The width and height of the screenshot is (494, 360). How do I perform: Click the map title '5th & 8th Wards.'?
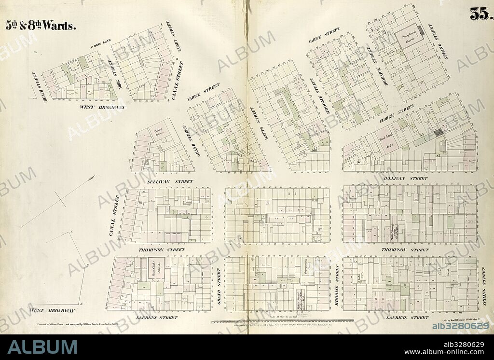tap(41, 26)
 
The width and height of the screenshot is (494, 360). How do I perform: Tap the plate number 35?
tap(480, 15)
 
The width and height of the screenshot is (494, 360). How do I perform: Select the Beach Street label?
tap(34, 83)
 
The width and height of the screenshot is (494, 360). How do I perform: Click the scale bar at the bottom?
tap(282, 320)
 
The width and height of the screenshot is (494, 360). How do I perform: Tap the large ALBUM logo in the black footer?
tap(42, 347)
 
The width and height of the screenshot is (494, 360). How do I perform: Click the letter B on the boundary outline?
tap(87, 265)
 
